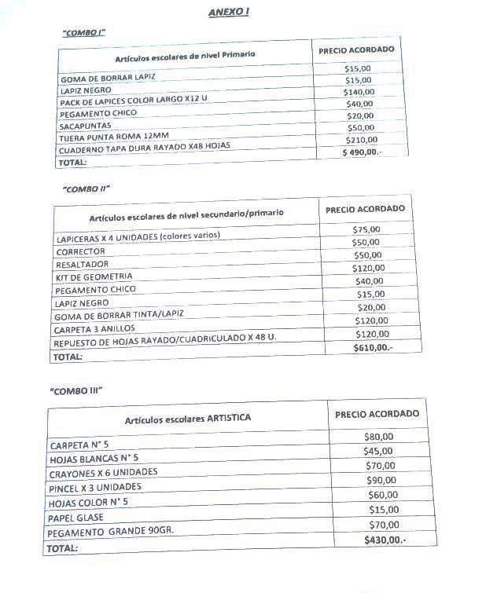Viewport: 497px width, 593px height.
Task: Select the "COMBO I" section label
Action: coord(83,32)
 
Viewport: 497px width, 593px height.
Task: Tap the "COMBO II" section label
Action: coord(86,189)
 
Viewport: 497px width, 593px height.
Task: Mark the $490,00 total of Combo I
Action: coord(361,152)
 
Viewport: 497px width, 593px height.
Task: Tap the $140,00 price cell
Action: coord(359,92)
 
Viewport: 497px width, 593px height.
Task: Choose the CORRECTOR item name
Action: coord(80,251)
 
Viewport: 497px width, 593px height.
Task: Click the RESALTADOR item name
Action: coord(83,265)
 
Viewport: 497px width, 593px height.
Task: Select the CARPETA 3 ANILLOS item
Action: coord(95,328)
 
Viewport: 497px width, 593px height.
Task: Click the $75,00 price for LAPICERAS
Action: coord(366,229)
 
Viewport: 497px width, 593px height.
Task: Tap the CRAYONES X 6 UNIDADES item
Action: coord(103,472)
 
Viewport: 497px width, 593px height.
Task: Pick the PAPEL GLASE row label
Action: coord(75,518)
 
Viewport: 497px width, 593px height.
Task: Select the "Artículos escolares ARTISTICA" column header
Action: coord(188,419)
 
